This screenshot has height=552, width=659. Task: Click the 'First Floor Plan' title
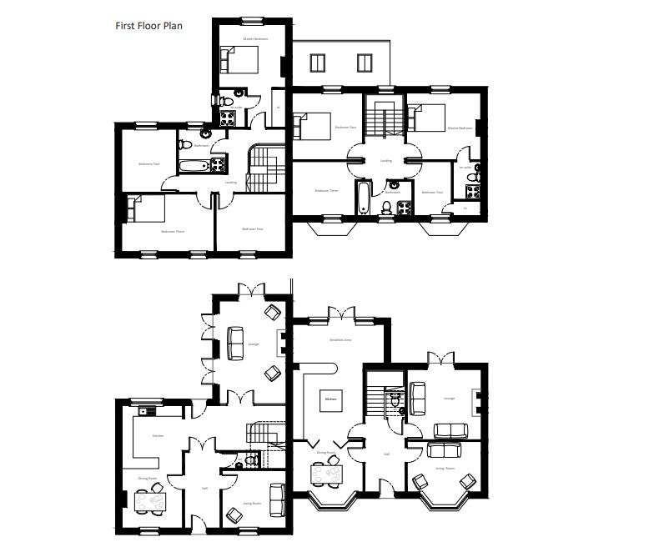pos(148,26)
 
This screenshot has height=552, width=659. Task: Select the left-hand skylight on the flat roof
pos(317,63)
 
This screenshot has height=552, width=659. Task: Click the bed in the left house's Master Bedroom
pos(240,61)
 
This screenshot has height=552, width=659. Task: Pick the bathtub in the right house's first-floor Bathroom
pos(363,198)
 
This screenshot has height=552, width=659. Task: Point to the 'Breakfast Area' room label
pos(340,340)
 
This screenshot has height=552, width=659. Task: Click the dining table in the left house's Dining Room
pos(150,502)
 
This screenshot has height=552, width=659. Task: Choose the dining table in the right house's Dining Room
pos(325,473)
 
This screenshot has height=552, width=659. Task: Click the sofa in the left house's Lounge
pos(236,343)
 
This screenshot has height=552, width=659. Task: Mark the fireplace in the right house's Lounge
pos(476,403)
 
